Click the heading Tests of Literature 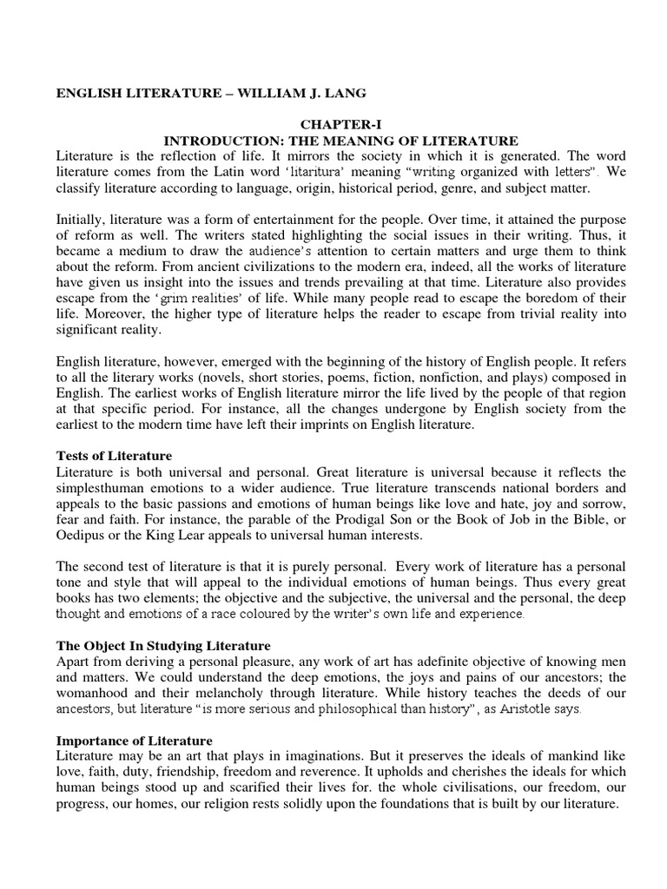[114, 456]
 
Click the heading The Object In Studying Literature [164, 646]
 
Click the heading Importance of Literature [135, 741]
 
